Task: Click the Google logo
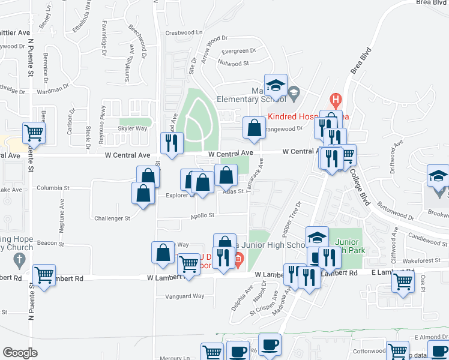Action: coord(20,353)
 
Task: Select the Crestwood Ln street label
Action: coord(185,32)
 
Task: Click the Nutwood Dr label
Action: coord(234,62)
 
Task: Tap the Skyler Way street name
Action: coord(133,128)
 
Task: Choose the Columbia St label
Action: coord(53,188)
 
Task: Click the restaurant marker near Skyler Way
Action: coord(172,142)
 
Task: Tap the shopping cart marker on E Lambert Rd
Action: coord(403,280)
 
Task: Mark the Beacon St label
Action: coord(50,244)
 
